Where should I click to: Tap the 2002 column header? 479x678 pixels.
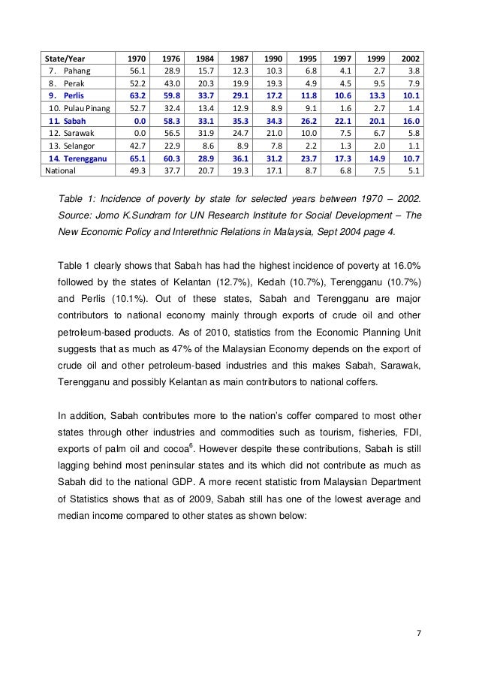410,59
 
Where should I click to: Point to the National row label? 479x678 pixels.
62,170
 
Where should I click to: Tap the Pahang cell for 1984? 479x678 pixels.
203,71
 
